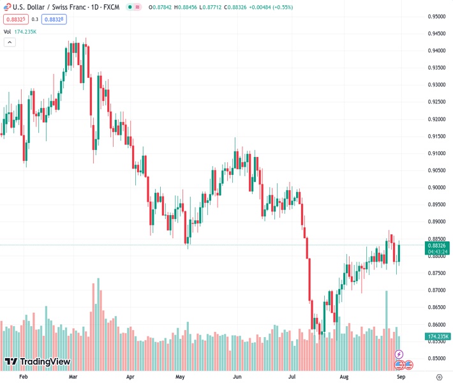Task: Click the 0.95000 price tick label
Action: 436,17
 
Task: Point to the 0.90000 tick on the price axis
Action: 436,188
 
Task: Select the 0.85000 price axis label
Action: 436,359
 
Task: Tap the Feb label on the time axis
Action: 24,377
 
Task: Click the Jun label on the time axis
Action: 237,377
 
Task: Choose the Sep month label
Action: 401,377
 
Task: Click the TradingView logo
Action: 37,362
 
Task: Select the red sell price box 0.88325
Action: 13,19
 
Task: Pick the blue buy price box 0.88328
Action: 54,19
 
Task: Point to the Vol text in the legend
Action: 7,31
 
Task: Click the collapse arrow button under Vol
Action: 10,42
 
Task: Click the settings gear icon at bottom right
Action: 440,377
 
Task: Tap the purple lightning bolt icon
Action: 399,354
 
